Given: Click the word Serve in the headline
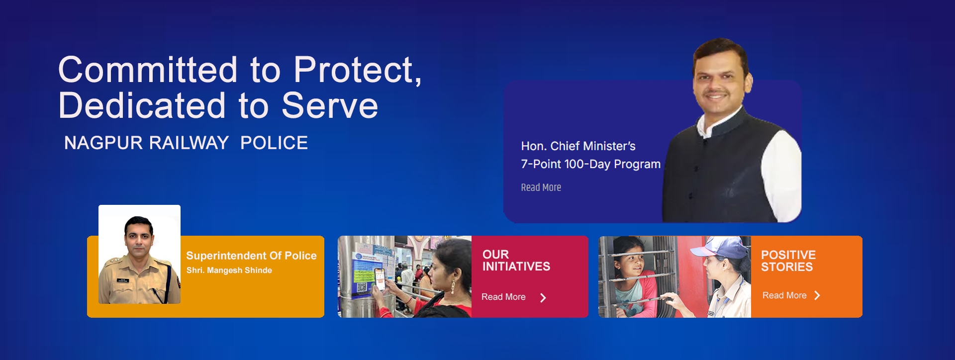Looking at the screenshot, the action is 330,105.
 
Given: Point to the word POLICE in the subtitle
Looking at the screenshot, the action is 274,143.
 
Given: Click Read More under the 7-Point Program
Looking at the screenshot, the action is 541,187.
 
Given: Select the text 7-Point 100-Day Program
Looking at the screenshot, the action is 591,164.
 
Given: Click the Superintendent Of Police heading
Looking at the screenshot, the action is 251,256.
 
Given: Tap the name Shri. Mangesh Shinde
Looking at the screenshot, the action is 229,270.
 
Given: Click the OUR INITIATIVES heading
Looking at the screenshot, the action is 516,261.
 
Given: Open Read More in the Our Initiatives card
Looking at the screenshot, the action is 503,297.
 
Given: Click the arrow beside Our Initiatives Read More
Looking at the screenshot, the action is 543,297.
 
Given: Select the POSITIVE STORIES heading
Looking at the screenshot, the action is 788,261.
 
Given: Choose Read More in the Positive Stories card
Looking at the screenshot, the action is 784,295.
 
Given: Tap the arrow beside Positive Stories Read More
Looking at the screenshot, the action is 817,295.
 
